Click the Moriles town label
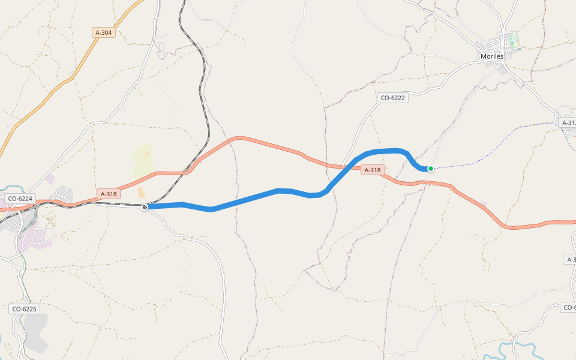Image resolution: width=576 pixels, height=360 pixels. click(491, 56)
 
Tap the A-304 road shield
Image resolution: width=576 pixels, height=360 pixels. click(104, 32)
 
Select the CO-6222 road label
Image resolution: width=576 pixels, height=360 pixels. click(393, 98)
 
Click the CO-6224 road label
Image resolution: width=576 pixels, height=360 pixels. click(20, 198)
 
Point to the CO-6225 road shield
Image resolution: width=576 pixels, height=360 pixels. click(25, 309)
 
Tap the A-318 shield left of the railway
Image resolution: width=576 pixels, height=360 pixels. click(109, 194)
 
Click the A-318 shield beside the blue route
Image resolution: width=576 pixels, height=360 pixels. click(372, 170)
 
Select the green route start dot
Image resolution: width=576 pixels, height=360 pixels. click(431, 169)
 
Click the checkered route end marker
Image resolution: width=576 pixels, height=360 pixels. click(145, 207)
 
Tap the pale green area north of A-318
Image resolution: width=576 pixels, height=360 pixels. click(142, 157)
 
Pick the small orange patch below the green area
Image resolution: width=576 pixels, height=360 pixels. click(141, 193)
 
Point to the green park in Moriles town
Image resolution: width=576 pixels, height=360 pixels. click(514, 41)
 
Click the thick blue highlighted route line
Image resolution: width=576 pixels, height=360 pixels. click(252, 197)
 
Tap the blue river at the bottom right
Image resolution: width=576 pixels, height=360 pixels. click(516, 346)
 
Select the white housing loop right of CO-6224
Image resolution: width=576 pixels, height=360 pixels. click(63, 194)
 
